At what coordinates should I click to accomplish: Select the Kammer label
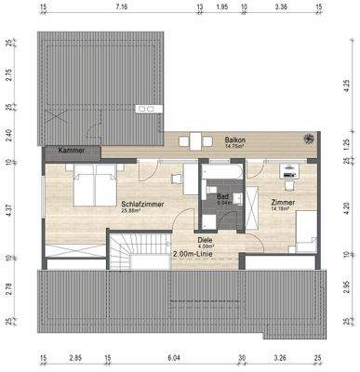(x=70, y=151)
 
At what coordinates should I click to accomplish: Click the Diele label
(x=204, y=238)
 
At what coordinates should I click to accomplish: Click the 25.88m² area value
(x=137, y=210)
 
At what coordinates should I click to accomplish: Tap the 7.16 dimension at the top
(x=121, y=7)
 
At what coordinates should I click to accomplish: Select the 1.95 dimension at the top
(x=221, y=7)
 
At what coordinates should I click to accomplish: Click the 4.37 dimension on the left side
(x=9, y=209)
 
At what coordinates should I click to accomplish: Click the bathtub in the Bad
(x=223, y=173)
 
